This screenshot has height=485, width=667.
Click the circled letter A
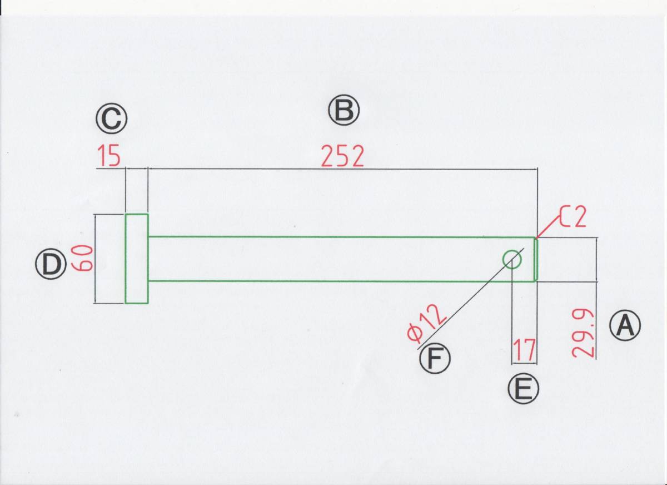click(625, 326)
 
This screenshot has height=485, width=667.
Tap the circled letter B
click(344, 111)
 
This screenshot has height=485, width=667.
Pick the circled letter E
click(523, 389)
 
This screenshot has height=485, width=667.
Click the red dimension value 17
click(524, 351)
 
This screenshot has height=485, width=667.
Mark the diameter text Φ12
click(427, 325)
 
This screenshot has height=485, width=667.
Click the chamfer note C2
click(573, 217)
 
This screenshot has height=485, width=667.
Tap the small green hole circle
click(512, 259)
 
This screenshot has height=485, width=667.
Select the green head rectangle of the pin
click(136, 259)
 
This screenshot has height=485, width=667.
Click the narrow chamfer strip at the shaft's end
click(536, 259)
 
